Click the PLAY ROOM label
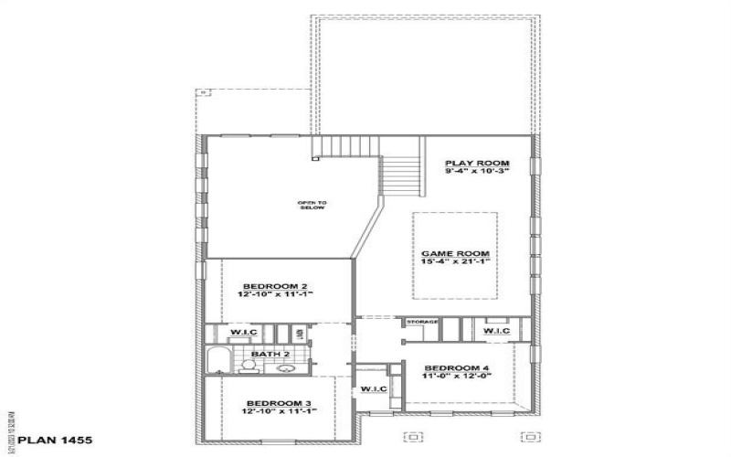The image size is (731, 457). [476, 163]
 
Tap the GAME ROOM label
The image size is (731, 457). [455, 253]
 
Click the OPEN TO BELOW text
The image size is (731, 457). [313, 206]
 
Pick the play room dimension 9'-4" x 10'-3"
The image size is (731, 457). [476, 171]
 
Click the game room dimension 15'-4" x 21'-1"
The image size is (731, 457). [455, 262]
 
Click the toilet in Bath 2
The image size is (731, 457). [248, 366]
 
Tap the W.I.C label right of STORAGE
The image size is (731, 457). [496, 330]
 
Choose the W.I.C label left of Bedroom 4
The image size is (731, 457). [373, 389]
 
